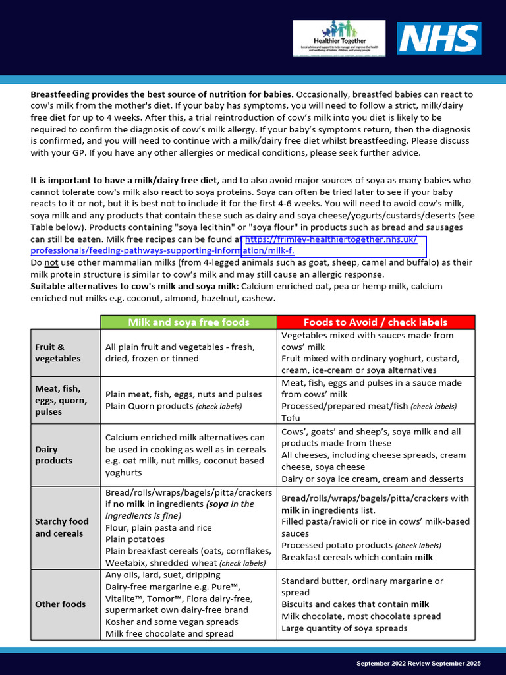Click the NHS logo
click(x=438, y=38)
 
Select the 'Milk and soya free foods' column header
click(x=188, y=322)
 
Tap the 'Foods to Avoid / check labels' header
click(x=375, y=322)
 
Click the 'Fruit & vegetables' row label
click(x=58, y=353)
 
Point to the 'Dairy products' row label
click(x=54, y=455)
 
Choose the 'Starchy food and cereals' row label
click(x=62, y=527)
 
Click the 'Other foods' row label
click(x=61, y=604)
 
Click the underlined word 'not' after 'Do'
click(x=52, y=262)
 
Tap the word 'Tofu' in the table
click(x=291, y=418)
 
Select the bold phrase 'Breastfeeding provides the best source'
click(x=112, y=94)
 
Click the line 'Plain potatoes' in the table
click(x=134, y=539)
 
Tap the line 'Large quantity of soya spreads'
click(x=345, y=628)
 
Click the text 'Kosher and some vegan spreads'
click(x=171, y=622)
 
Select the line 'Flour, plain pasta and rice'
click(x=159, y=527)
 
